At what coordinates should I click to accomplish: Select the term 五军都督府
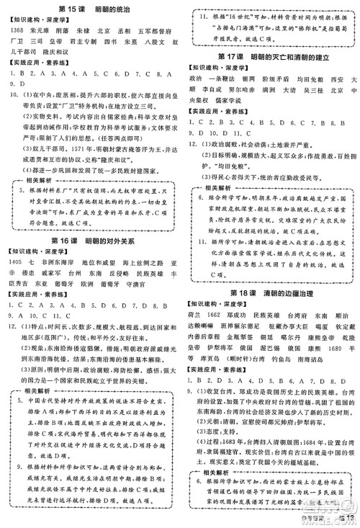(156, 32)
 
